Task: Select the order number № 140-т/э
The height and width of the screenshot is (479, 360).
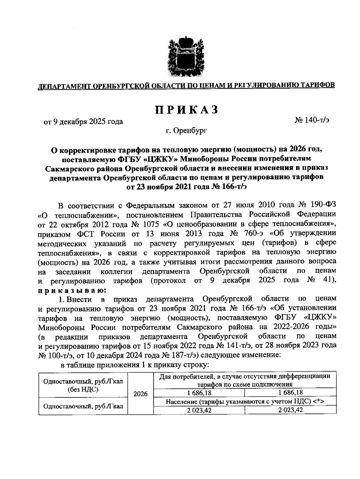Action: pos(312,121)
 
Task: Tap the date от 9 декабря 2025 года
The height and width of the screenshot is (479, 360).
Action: pos(84,122)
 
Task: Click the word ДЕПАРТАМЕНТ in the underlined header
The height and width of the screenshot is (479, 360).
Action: pos(63,86)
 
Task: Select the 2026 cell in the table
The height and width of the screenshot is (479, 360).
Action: pos(140,394)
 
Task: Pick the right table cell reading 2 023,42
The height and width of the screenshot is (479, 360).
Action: pos(290,410)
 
